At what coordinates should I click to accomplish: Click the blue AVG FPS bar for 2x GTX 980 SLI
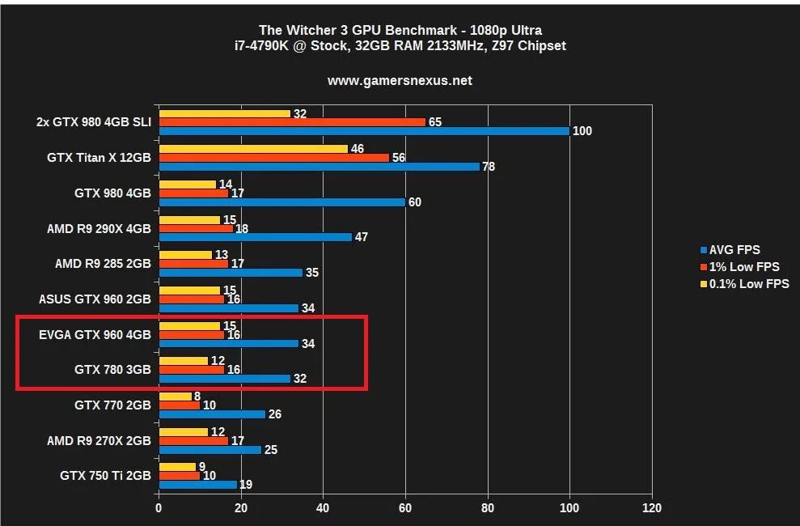point(364,130)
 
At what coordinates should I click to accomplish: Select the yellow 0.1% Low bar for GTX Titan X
point(253,149)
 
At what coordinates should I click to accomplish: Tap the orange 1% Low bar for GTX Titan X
point(273,158)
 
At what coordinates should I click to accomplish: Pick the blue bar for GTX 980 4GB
point(281,201)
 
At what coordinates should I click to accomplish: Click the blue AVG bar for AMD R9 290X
point(255,237)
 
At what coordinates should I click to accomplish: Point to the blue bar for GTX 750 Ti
point(197,485)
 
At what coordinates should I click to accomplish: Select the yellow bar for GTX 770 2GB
point(176,397)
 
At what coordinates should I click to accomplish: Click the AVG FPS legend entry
point(734,249)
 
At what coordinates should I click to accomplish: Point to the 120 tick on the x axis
point(651,508)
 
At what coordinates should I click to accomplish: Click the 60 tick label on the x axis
point(405,508)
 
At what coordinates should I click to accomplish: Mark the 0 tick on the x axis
point(159,508)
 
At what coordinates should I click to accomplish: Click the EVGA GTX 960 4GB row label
point(95,334)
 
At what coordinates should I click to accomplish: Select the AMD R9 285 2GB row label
point(103,264)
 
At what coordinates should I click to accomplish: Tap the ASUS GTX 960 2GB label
point(95,299)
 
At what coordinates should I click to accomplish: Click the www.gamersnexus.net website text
point(400,80)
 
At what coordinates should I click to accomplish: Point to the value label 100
point(582,131)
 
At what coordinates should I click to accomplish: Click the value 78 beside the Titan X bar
point(489,167)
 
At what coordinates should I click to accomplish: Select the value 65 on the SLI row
point(434,122)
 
